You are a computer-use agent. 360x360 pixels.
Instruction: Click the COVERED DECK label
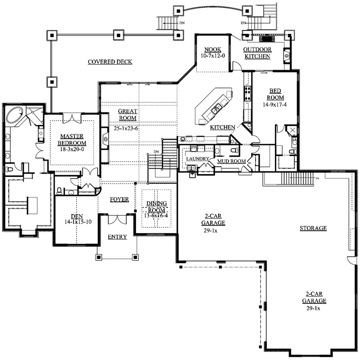click(x=110, y=62)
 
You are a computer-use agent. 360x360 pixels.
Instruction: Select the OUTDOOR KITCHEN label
click(x=257, y=53)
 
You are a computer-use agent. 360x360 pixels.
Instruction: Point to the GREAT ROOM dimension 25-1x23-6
click(x=126, y=128)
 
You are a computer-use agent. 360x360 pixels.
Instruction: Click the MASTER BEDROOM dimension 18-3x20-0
click(x=72, y=149)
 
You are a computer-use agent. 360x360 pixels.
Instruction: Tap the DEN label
click(x=77, y=216)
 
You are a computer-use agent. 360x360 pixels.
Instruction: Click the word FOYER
click(x=119, y=199)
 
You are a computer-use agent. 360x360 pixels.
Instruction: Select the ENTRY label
click(x=117, y=237)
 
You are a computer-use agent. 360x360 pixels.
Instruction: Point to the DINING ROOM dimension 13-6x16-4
click(x=156, y=216)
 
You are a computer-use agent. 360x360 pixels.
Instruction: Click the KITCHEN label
click(x=223, y=127)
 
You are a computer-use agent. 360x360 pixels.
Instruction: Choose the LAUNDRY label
click(x=198, y=159)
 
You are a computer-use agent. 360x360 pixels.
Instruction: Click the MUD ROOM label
click(x=231, y=162)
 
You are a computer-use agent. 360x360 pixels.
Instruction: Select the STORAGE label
click(x=313, y=228)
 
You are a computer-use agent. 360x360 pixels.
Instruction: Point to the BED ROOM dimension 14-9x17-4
click(x=275, y=105)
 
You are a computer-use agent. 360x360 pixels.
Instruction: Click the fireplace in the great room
click(x=105, y=139)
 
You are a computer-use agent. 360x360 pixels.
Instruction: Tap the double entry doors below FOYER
click(x=117, y=219)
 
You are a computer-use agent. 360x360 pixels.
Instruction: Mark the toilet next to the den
click(x=59, y=191)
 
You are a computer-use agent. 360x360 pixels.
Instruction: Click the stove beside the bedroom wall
click(x=247, y=93)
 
